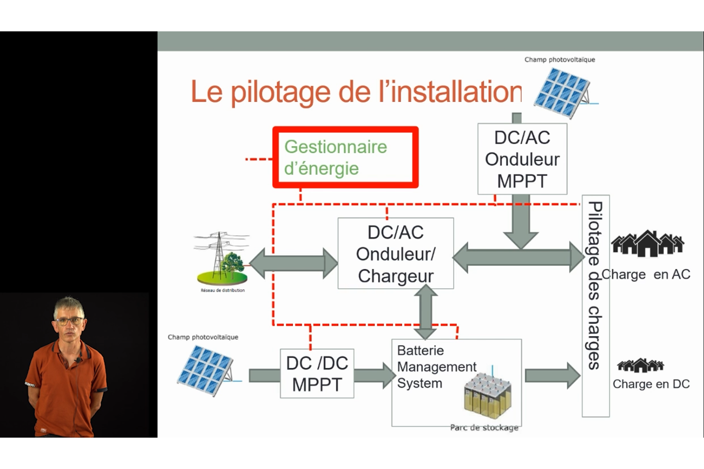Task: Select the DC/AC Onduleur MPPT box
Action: (x=522, y=159)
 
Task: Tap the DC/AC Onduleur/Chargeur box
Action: (x=396, y=253)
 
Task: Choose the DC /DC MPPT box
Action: (x=317, y=374)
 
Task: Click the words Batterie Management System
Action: (x=436, y=367)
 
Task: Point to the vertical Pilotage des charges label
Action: (x=595, y=285)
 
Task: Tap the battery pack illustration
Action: (x=487, y=396)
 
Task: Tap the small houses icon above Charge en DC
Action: (x=640, y=365)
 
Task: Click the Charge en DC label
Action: (x=651, y=384)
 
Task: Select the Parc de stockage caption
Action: (x=484, y=428)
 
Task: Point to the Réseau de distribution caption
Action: (x=222, y=290)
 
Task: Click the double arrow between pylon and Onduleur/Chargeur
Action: (x=293, y=263)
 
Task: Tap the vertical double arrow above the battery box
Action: (x=426, y=312)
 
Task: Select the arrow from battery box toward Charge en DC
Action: (x=553, y=375)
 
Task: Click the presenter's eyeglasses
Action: (x=69, y=321)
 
